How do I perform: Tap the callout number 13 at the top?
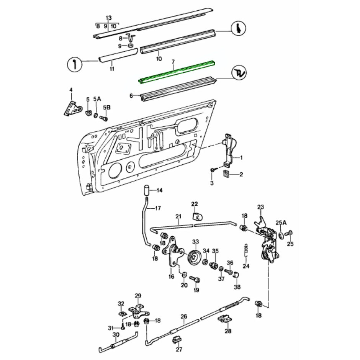pos(108,18)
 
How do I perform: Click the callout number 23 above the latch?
pos(261,207)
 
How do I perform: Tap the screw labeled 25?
pos(290,233)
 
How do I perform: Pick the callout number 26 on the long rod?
pos(184,316)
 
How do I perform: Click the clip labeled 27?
pos(178,340)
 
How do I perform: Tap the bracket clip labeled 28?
pos(226,319)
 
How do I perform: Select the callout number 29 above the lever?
pos(138,296)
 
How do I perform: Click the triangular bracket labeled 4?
pos(72,108)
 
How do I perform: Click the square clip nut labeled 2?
pos(226,174)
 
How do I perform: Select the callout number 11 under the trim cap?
pos(112,69)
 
